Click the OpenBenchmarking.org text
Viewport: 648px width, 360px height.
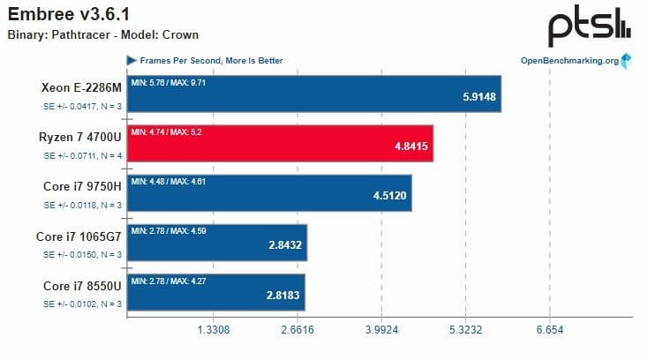[570, 61]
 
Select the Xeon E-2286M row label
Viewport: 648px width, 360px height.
[81, 87]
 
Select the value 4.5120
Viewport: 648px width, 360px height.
[389, 196]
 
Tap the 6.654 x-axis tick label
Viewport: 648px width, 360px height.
[549, 330]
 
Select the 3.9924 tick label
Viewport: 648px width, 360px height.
[381, 330]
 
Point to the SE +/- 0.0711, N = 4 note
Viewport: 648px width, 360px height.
[83, 155]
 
